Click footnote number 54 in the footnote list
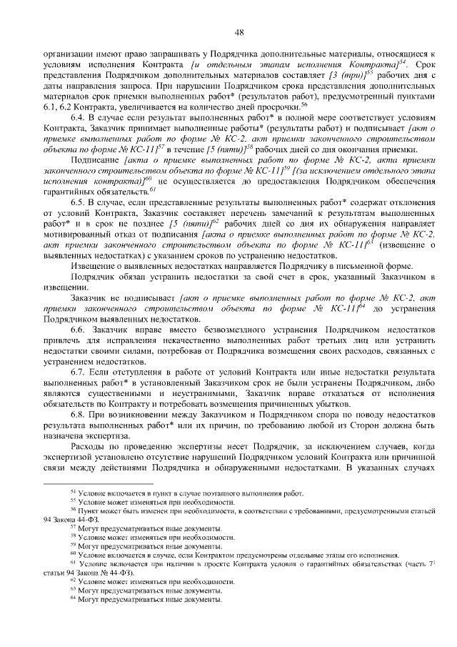(73, 493)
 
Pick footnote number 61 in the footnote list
(73, 563)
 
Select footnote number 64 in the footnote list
(73, 599)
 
